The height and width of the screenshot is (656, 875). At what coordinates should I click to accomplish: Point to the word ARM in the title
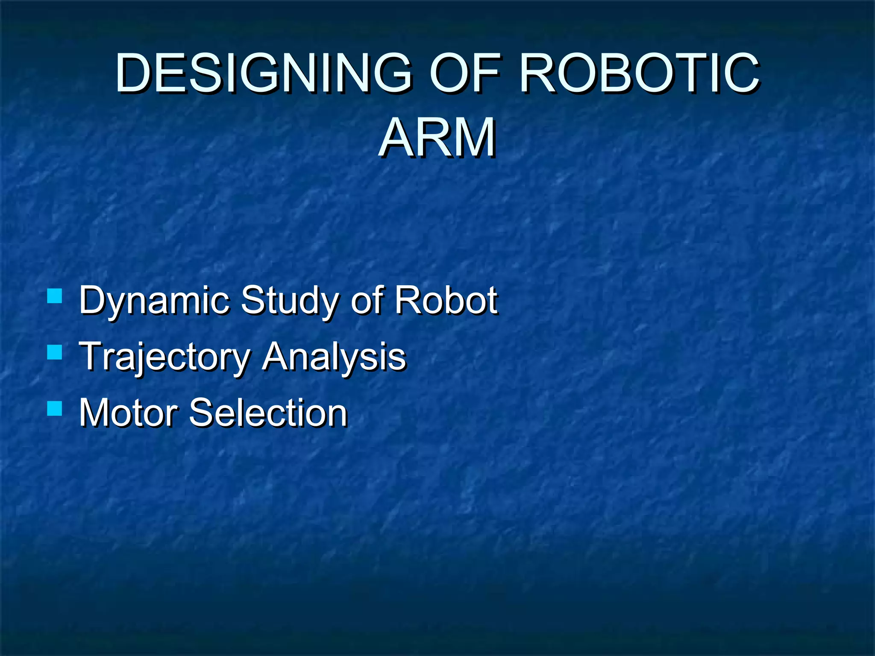pyautogui.click(x=437, y=138)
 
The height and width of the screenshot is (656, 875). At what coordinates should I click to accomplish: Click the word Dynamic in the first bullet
pyautogui.click(x=154, y=301)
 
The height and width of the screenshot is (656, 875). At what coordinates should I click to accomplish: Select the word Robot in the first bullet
pyautogui.click(x=446, y=301)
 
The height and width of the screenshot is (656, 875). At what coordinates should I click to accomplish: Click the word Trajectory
pyautogui.click(x=165, y=357)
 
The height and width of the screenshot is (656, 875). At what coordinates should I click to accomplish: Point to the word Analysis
pyautogui.click(x=334, y=357)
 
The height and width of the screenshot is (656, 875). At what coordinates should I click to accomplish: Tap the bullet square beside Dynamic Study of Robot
pyautogui.click(x=55, y=296)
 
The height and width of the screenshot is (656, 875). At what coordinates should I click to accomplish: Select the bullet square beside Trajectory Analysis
pyautogui.click(x=55, y=352)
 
